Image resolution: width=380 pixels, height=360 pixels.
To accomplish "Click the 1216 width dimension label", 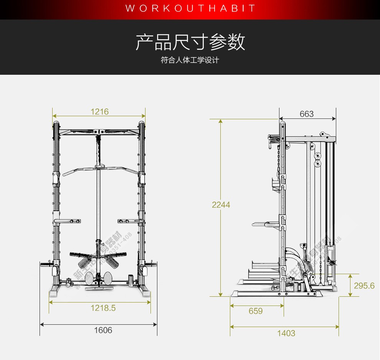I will point(99,112).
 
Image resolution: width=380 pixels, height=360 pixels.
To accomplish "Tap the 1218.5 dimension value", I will point(103,308).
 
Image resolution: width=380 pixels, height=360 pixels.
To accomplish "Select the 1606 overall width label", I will point(103,330).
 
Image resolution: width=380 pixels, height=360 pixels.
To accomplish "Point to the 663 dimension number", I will point(307,114).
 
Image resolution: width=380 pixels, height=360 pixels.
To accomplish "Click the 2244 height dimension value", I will point(221,205).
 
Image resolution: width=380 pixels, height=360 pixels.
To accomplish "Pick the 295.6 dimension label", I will point(364,286).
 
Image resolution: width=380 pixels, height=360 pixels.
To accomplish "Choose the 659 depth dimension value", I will point(256,311).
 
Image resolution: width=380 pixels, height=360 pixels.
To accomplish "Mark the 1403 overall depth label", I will point(286,333).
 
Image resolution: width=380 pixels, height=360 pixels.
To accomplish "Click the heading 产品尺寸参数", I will point(190,42).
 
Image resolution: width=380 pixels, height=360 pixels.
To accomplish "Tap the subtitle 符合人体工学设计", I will point(190,60).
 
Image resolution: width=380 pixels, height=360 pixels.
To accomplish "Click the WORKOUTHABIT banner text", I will point(190,8).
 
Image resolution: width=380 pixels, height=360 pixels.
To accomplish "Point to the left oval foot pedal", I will point(90,278).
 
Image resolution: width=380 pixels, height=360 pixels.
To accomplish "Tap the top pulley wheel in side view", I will point(312,146).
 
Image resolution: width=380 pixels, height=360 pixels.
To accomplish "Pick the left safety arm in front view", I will point(67,221).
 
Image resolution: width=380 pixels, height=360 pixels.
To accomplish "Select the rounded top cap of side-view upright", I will point(283,125).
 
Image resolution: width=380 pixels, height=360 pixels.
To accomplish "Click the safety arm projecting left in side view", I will point(265,224).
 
